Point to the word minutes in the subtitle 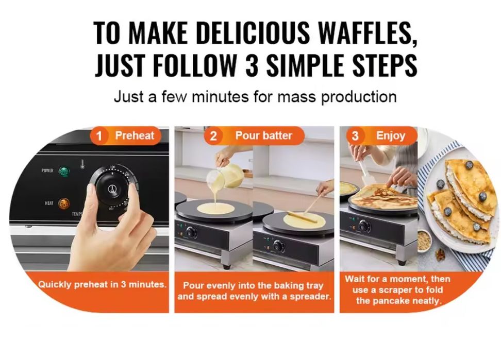[x=220, y=96]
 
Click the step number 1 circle [x=99, y=136]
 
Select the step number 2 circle [x=213, y=136]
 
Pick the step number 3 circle [x=355, y=136]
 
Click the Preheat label [x=135, y=135]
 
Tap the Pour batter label [x=263, y=135]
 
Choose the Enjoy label [x=391, y=136]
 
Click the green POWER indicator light [x=64, y=172]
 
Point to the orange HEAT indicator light [x=64, y=203]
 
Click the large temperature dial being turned [x=112, y=189]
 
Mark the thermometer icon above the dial [x=82, y=164]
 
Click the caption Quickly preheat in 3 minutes [x=103, y=284]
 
